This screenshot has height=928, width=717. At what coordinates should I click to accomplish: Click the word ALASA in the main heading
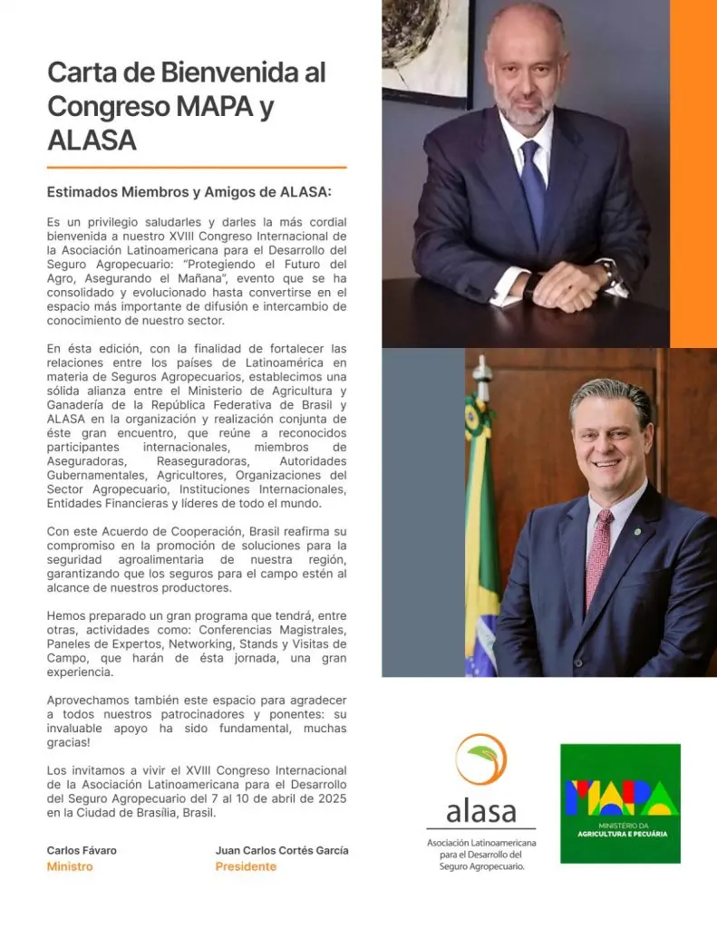click(92, 140)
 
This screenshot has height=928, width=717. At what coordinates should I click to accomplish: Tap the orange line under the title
click(197, 168)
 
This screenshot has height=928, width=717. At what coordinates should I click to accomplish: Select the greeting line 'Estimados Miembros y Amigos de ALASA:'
click(189, 192)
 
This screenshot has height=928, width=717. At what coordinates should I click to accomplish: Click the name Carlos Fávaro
click(82, 850)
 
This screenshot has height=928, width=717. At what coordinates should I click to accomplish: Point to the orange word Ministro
click(70, 866)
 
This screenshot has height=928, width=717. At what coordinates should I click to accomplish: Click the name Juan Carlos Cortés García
click(282, 850)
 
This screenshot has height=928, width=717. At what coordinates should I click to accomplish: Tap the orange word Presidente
click(246, 866)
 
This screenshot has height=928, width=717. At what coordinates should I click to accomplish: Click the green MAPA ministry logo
click(620, 803)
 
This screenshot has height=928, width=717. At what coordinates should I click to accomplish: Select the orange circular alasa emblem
click(480, 759)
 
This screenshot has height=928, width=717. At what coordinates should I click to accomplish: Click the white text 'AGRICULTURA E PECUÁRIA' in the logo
click(620, 834)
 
